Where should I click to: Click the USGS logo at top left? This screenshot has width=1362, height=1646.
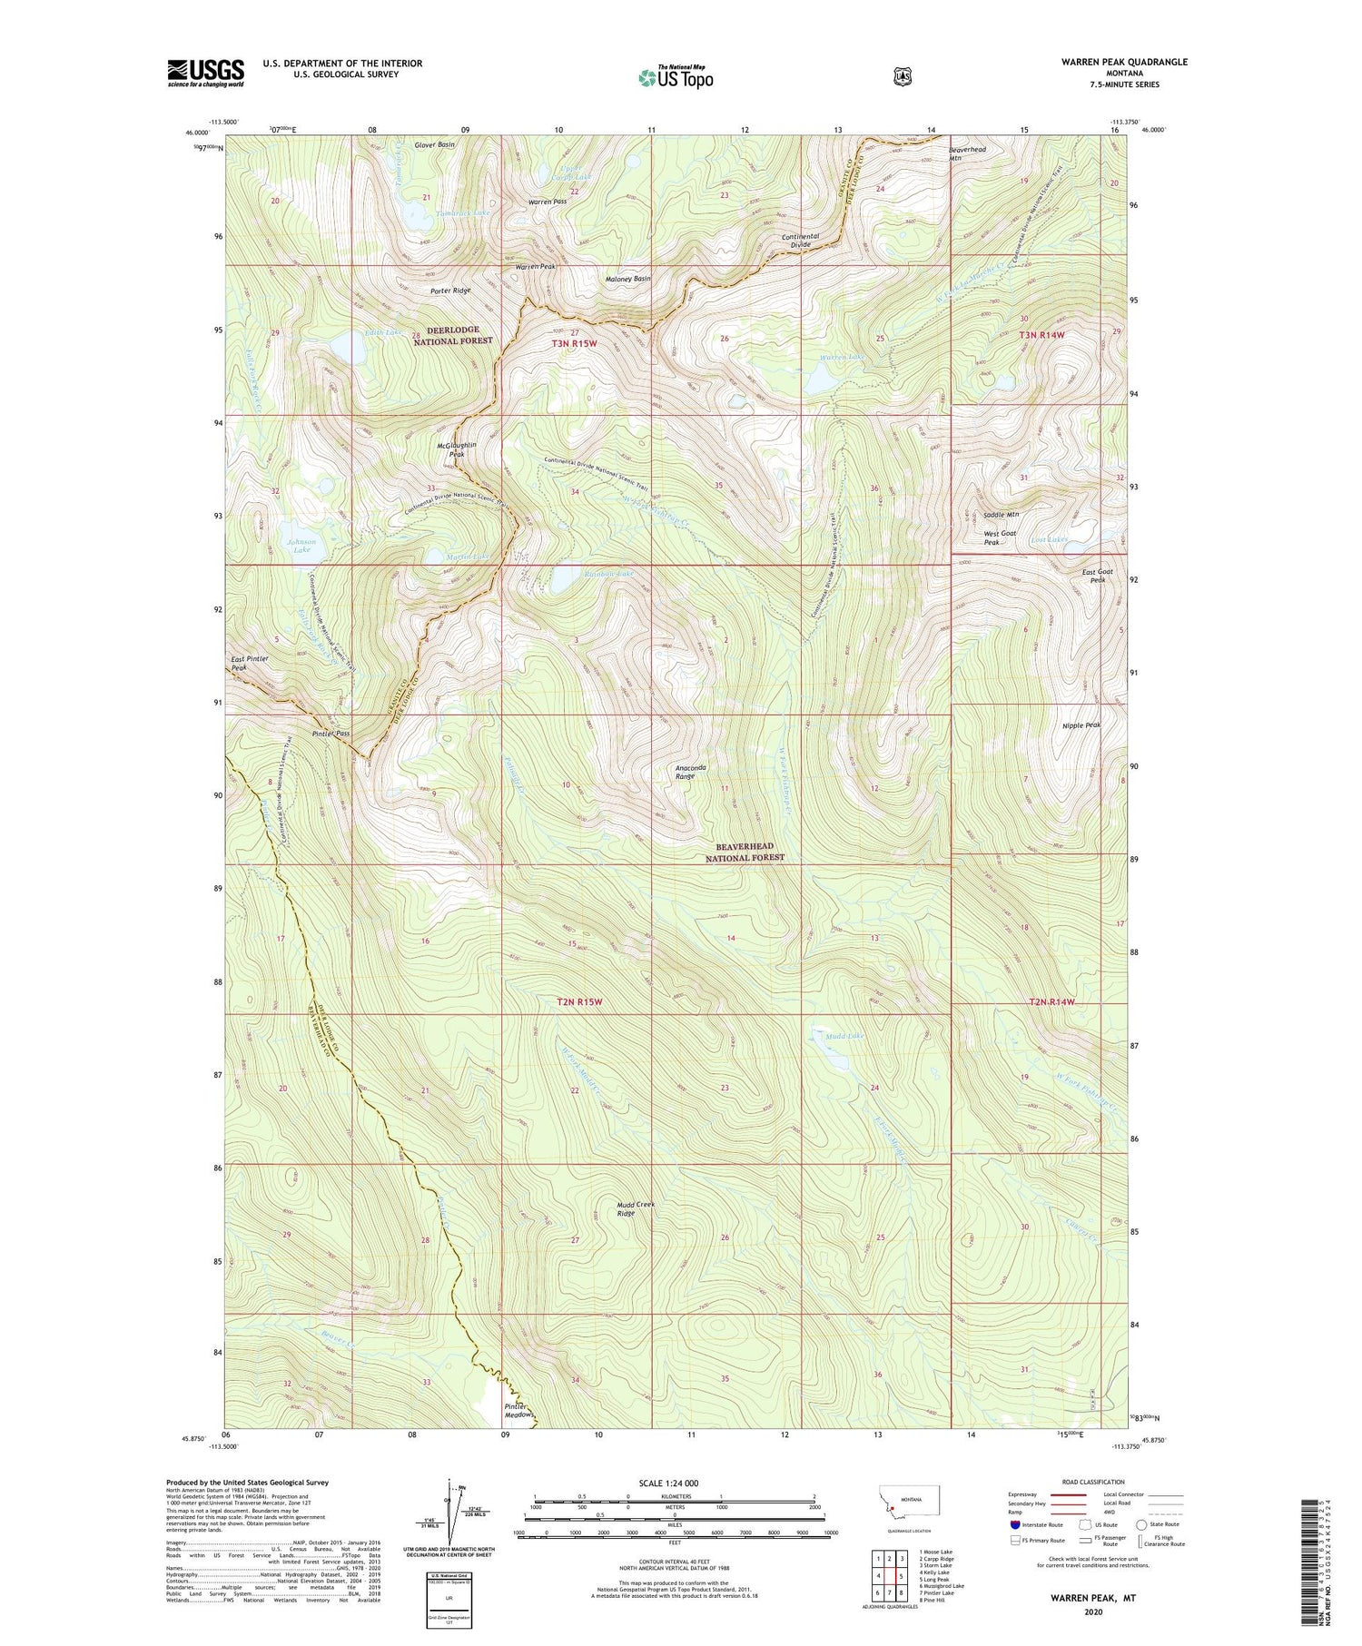pyautogui.click(x=205, y=73)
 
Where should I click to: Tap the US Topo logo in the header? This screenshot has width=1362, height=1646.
pyautogui.click(x=676, y=77)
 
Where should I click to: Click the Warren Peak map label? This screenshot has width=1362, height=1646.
pyautogui.click(x=536, y=267)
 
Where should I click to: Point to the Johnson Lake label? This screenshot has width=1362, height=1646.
pyautogui.click(x=301, y=546)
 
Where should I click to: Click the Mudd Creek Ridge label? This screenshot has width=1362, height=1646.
pyautogui.click(x=636, y=1208)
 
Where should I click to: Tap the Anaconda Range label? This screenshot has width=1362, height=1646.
pyautogui.click(x=691, y=772)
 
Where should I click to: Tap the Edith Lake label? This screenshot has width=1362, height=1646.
pyautogui.click(x=380, y=333)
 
